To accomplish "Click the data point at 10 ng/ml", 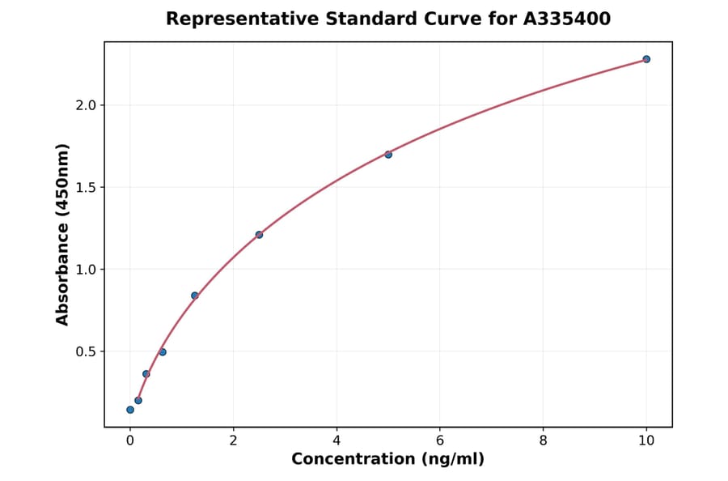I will point(646,59).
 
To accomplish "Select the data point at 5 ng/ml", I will point(388,155).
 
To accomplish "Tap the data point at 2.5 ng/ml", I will point(259,235).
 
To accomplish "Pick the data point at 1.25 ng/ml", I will point(195,296).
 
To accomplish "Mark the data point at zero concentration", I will point(130,410).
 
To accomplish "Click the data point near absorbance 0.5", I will point(163,352).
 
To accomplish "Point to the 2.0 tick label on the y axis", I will point(85,105).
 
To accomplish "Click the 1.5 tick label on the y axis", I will point(85,188).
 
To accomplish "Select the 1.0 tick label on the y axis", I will point(85,270).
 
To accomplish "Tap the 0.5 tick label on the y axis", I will point(85,351).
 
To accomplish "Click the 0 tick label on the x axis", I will point(130,441).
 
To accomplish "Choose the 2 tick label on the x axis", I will point(234,441).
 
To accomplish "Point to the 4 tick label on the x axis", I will point(336,441).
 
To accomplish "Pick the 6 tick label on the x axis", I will point(440,441).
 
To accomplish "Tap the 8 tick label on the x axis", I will point(543,441).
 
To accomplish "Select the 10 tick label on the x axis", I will point(646,441).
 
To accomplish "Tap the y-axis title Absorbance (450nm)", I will point(62,234).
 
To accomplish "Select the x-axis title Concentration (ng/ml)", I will point(388,460).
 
